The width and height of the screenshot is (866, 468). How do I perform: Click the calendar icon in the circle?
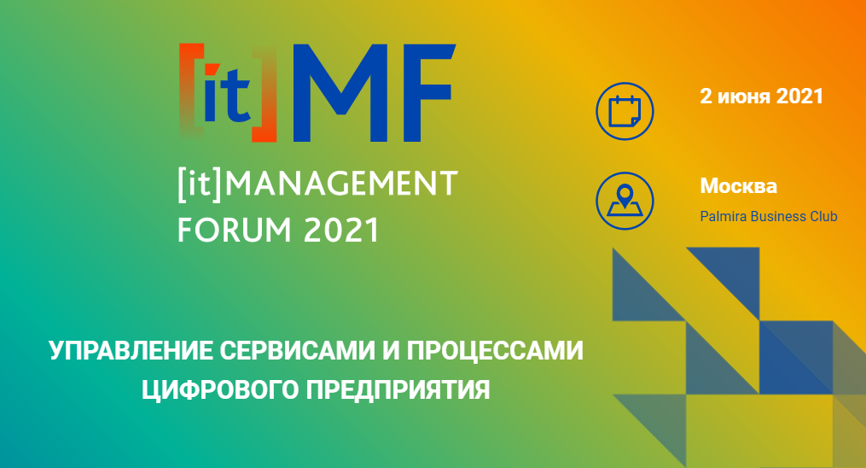pos(625,111)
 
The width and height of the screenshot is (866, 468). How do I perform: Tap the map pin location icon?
pos(625,202)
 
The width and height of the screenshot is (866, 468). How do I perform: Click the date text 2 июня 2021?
pos(762,97)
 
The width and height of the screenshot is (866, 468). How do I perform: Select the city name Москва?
pos(738,185)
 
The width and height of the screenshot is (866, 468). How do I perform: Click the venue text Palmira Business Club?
pos(768,216)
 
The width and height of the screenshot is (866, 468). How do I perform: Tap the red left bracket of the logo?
pos(189,91)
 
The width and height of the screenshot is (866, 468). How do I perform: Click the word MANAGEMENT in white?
pos(341,184)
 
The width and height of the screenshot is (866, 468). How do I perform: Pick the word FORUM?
pos(234,229)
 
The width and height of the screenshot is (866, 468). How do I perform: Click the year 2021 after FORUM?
pos(341,230)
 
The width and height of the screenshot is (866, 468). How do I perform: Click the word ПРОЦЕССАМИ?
pos(495,350)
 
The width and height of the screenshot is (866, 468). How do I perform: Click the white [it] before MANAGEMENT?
pos(200,184)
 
